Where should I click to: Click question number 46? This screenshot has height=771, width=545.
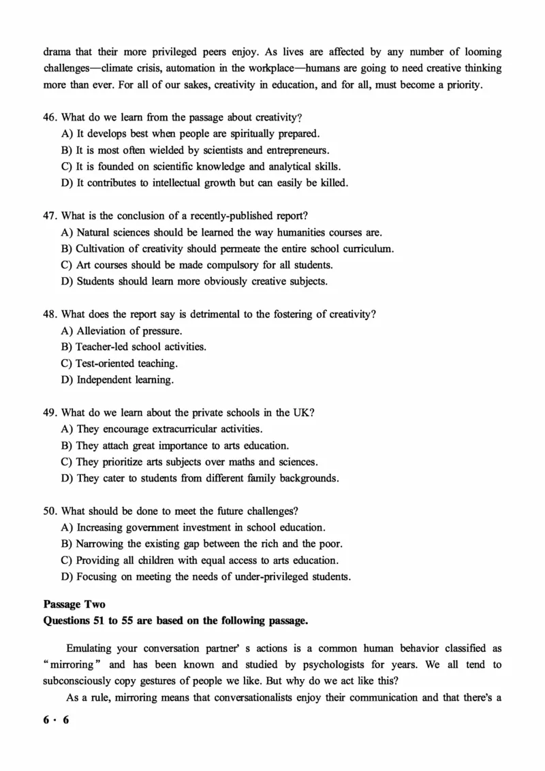50,117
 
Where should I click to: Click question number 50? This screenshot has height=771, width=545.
50,511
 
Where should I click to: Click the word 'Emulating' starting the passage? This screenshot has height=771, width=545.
90,648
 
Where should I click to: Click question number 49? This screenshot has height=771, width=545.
50,413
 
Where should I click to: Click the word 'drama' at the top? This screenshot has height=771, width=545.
57,52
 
